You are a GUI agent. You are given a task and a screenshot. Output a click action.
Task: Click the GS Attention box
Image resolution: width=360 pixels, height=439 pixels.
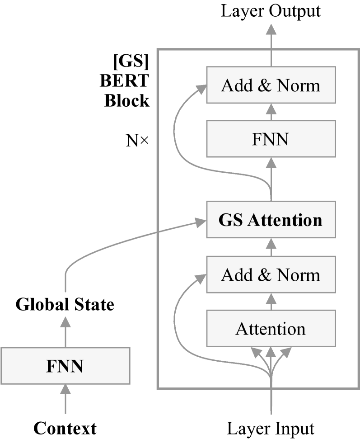[x=271, y=220]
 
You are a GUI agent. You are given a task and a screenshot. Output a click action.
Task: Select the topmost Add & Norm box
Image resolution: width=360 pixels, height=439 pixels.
[x=271, y=85]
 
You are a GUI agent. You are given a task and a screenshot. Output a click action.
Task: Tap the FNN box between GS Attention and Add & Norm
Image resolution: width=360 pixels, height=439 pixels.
[x=271, y=139]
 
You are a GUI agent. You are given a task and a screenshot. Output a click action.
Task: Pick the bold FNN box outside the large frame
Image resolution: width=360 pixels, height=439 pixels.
[x=65, y=366]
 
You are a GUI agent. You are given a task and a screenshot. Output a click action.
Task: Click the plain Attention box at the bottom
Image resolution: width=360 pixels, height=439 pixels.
[x=271, y=329]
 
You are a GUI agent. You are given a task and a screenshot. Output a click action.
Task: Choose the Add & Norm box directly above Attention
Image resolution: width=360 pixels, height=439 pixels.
[x=271, y=274]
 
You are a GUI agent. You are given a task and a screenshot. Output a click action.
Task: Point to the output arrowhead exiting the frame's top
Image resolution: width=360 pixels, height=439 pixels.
[x=271, y=29]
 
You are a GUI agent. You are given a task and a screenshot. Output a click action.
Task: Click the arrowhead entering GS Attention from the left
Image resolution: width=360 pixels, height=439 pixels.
[x=201, y=222]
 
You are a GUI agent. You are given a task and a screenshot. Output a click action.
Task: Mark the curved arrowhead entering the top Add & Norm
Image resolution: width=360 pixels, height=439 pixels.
[x=201, y=89]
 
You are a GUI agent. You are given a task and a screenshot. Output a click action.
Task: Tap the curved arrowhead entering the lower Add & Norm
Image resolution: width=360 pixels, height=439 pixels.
[x=201, y=278]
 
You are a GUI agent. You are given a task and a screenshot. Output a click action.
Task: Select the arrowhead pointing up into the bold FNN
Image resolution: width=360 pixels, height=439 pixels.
[x=65, y=389]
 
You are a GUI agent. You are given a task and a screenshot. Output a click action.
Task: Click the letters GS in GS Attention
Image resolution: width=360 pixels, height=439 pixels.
[x=231, y=220]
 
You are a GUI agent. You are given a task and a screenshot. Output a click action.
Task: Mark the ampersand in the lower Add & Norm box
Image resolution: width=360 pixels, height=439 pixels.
[x=264, y=275]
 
